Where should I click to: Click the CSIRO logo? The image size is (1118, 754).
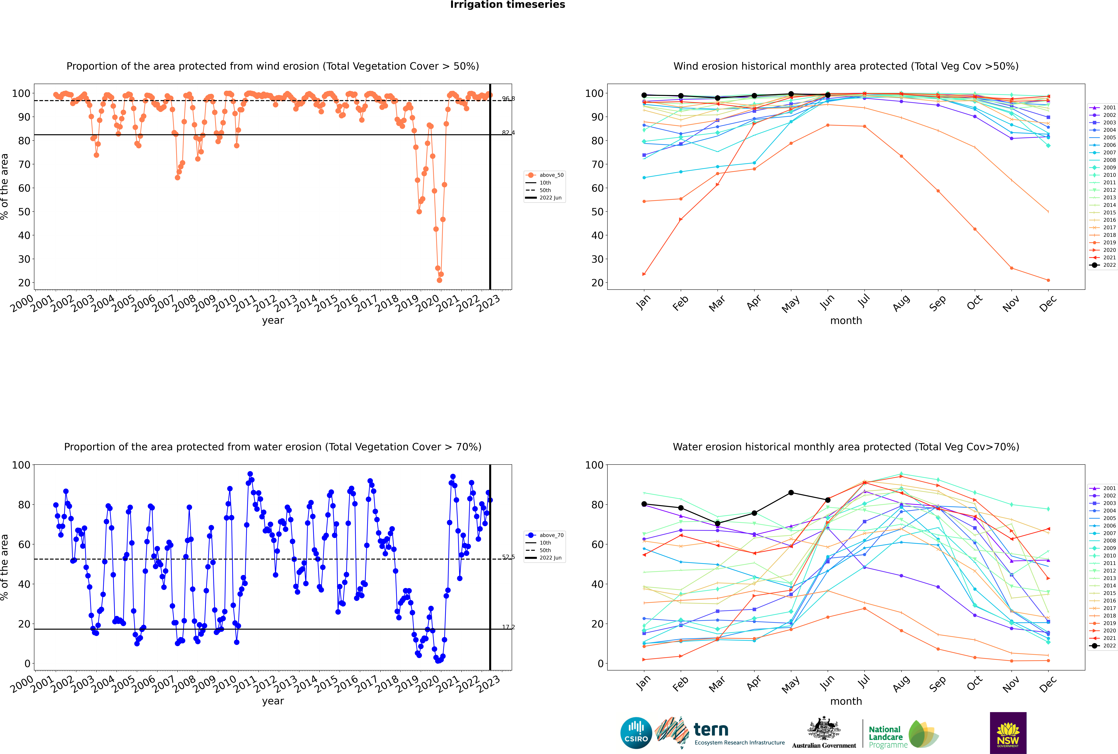[636, 733]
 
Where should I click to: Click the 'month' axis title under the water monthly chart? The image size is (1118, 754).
[846, 701]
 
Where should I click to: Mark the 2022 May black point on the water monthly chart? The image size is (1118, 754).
[791, 492]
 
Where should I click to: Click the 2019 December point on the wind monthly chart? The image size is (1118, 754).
[1048, 280]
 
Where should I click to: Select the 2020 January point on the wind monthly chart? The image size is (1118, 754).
[644, 274]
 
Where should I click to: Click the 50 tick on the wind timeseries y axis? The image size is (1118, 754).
[24, 212]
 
